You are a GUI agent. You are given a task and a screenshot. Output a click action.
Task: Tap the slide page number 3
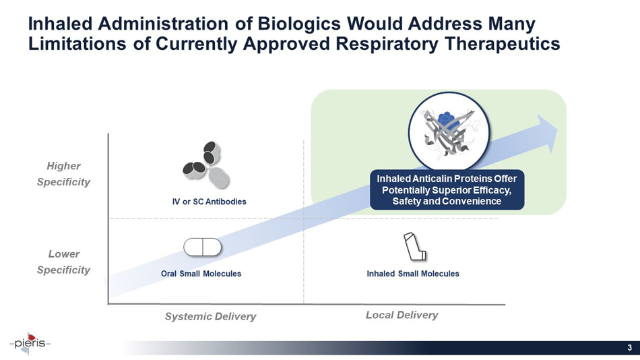[x=629, y=348]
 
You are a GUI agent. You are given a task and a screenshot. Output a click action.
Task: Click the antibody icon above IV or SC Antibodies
[x=207, y=166]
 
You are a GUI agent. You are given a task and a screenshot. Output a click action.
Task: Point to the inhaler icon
[x=414, y=247]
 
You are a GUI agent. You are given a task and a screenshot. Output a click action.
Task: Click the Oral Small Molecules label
[x=201, y=274]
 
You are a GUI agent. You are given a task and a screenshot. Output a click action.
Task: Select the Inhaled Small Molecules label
[x=413, y=274]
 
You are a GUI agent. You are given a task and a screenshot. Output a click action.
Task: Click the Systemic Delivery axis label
[x=211, y=316]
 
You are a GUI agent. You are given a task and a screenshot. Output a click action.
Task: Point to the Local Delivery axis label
[x=402, y=315]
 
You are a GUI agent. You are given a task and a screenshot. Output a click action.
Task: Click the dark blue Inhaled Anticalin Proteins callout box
[x=447, y=189]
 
